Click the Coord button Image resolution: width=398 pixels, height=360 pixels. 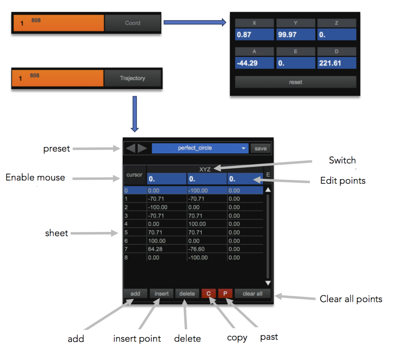[133, 23]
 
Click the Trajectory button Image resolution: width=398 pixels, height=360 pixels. [132, 78]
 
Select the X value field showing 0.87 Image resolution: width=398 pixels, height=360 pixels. [255, 35]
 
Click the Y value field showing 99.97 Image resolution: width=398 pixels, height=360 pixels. [295, 35]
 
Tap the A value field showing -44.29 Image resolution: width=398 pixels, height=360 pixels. [255, 63]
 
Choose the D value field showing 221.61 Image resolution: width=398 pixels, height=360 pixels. [336, 63]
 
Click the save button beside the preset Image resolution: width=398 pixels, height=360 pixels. [260, 149]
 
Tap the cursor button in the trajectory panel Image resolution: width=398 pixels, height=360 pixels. [135, 175]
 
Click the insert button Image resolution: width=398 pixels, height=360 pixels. [161, 293]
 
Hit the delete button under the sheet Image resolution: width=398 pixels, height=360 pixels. [187, 293]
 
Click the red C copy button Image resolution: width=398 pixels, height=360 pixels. [209, 293]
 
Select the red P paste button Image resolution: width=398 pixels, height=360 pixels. [225, 293]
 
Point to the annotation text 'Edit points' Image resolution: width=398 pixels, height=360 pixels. [343, 181]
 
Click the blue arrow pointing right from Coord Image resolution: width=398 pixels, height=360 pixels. [195, 23]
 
